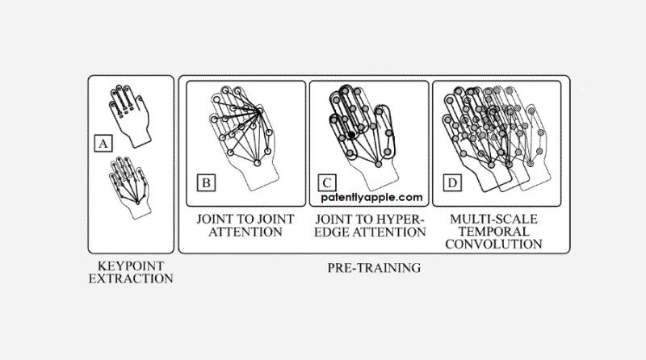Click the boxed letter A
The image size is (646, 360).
103,144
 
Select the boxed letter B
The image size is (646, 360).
206,182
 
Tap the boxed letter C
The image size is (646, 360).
327,182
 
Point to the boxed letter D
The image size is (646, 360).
452,182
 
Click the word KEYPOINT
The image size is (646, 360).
131,266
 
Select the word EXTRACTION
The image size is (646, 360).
131,278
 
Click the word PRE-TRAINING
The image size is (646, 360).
374,268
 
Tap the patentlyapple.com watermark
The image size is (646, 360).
371,198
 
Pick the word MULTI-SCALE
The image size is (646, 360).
493,219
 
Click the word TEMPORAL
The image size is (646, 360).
493,232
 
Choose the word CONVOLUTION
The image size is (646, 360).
493,245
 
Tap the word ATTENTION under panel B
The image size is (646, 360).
245,232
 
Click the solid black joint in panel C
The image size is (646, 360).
351,135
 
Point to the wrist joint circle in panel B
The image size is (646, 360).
258,163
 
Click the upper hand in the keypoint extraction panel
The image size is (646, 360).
129,115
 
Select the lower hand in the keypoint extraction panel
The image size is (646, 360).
130,187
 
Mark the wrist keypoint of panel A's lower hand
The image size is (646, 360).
137,203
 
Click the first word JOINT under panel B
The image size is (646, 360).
213,219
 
